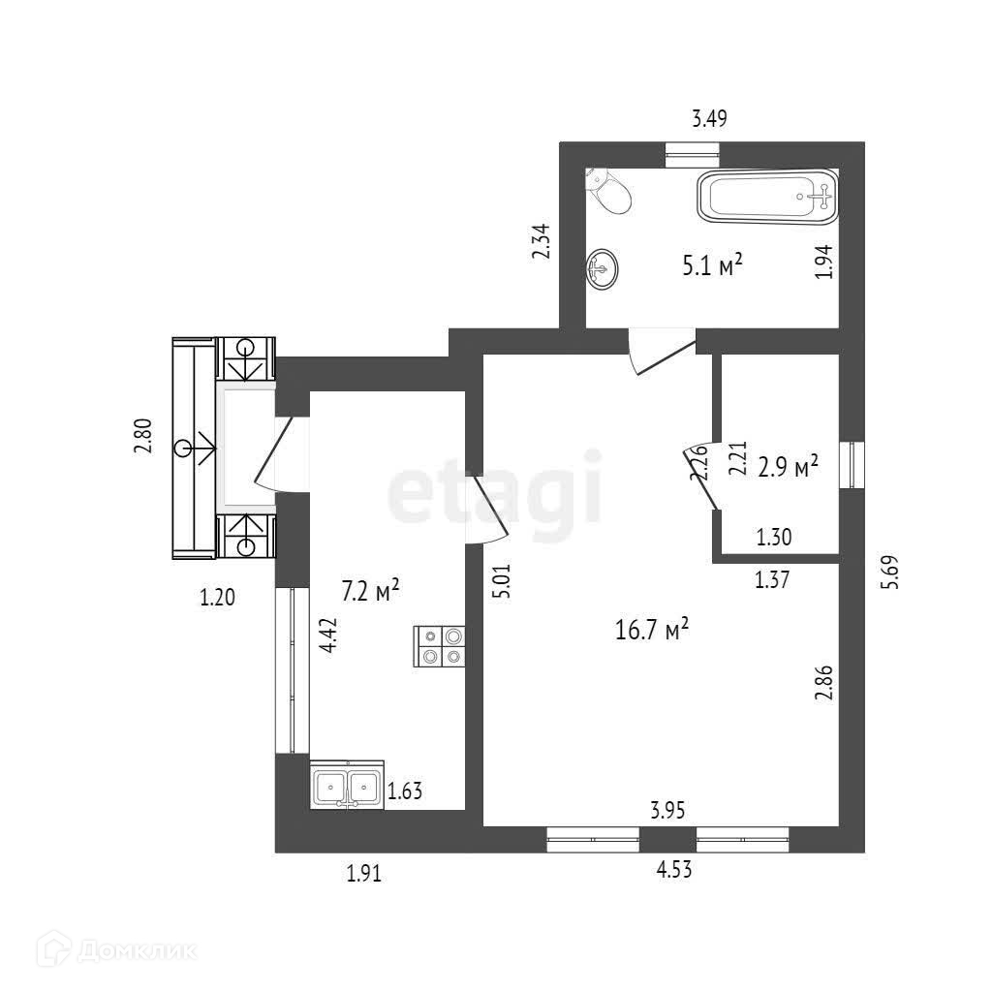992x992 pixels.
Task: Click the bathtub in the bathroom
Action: pos(766,197)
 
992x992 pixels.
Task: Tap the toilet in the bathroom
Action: pos(611,192)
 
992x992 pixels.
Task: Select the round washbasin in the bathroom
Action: pos(603,267)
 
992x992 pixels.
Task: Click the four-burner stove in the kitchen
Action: pos(441,647)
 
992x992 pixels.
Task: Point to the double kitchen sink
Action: pos(347,785)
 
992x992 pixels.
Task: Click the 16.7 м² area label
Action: pos(652,631)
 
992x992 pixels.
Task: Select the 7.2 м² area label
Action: pos(371,590)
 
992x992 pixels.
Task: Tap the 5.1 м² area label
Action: pos(712,265)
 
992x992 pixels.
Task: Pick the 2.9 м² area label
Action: pos(788,469)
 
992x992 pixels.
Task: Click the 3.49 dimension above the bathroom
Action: pos(709,119)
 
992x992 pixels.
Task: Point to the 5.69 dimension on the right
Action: pos(893,572)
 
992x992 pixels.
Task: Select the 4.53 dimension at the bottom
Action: pos(674,869)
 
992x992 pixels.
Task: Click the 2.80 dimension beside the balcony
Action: pos(143,435)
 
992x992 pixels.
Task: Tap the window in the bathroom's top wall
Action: pos(693,150)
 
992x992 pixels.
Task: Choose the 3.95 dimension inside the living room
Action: pos(668,811)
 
